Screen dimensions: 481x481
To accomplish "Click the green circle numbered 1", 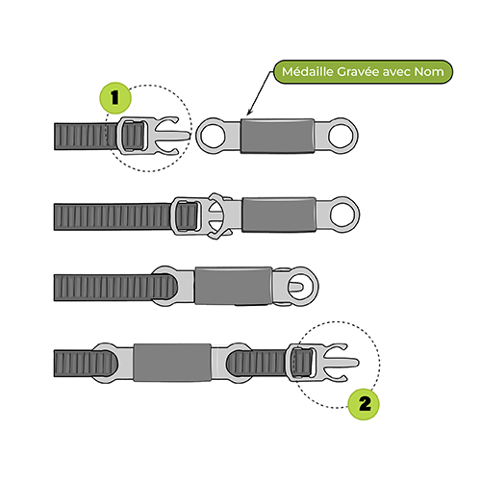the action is click(x=115, y=98).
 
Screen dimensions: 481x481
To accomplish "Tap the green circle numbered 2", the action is click(x=364, y=404).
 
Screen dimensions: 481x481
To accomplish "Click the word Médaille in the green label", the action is click(x=308, y=71).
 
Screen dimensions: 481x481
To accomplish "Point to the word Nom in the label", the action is click(x=429, y=71).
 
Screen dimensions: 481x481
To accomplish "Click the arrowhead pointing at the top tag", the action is click(x=249, y=112).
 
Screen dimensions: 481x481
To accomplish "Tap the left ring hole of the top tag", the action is click(x=214, y=136).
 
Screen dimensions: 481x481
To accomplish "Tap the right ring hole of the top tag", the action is click(x=341, y=136).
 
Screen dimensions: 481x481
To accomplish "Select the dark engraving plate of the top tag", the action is click(x=278, y=136).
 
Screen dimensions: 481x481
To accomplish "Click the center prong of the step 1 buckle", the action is click(x=173, y=136).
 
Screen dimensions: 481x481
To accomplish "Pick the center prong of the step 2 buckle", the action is click(x=341, y=363).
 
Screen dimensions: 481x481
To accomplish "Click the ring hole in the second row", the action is click(x=342, y=215).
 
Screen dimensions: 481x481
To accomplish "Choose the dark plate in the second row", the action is click(x=279, y=215).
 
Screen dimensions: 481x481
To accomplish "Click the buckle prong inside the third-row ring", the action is click(x=295, y=286).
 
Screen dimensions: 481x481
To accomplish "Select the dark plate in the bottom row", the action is click(x=172, y=363).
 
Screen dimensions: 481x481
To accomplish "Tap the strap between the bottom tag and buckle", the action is click(x=258, y=363).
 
